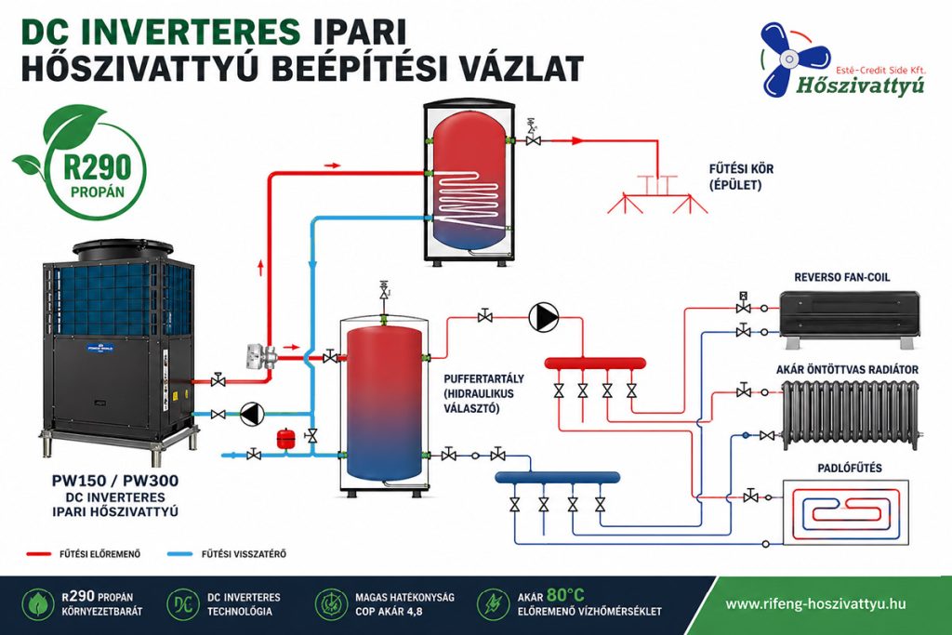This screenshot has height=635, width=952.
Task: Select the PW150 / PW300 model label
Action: click(x=115, y=482)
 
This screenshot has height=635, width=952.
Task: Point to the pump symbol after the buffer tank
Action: click(x=543, y=318)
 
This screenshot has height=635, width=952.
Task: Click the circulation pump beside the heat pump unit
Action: click(x=252, y=414)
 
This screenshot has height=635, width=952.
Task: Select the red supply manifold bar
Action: click(x=595, y=362)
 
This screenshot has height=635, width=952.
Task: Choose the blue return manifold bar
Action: click(x=558, y=477)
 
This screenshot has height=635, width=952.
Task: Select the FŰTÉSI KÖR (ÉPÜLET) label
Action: click(x=740, y=177)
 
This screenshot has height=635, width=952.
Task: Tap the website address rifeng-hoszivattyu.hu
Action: click(x=815, y=603)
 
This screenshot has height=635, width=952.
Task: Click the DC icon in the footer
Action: click(x=182, y=603)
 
